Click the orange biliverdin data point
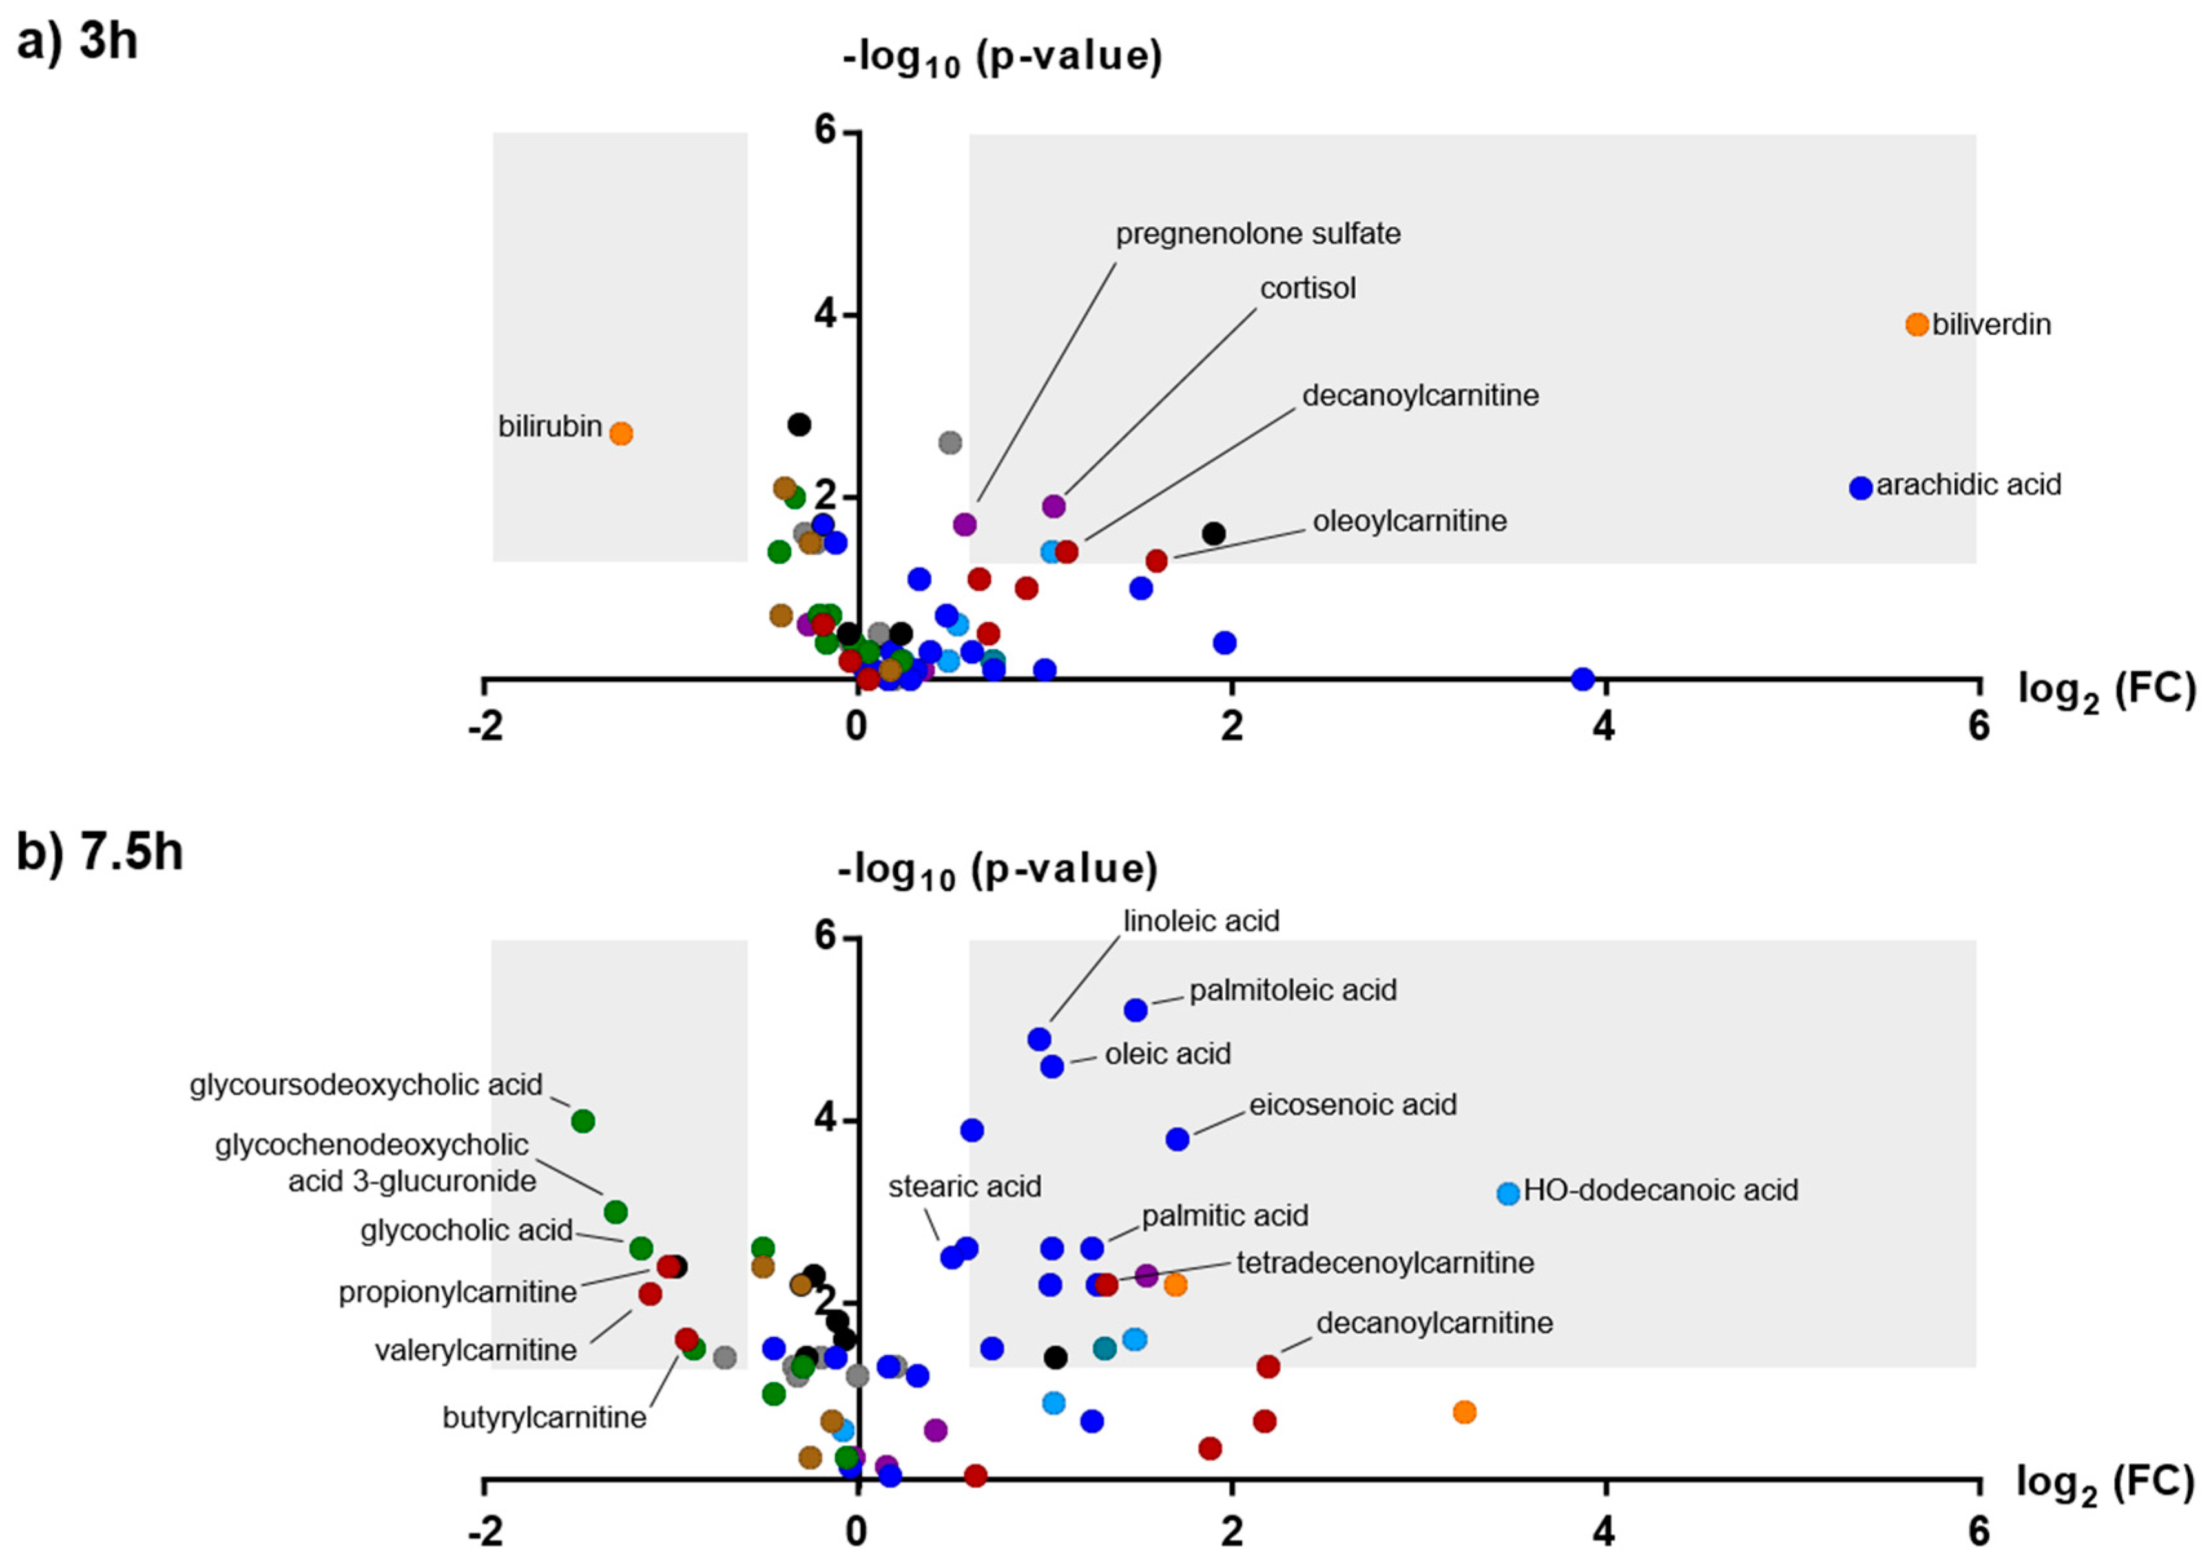point(1917,324)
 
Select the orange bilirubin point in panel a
point(621,434)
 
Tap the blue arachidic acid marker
point(1861,488)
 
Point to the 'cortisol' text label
point(1308,288)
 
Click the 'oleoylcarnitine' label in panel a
point(1409,521)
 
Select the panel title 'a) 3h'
point(77,43)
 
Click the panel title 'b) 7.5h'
point(99,852)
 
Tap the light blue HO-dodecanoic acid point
point(1508,1193)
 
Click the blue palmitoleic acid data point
point(1136,1010)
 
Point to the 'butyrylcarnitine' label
point(544,1417)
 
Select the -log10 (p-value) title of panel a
point(1002,58)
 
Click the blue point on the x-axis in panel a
point(1582,679)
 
